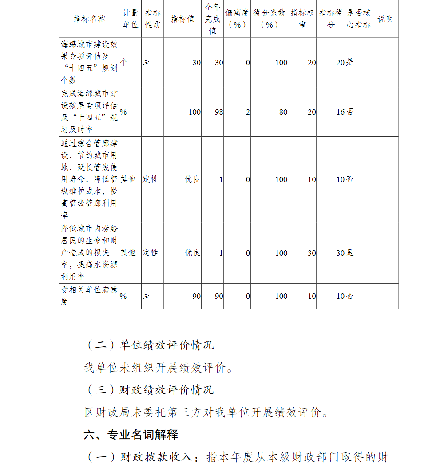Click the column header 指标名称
click(x=89, y=19)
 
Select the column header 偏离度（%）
click(x=237, y=19)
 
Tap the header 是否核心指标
click(x=358, y=19)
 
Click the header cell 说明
click(x=385, y=19)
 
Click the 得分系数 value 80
click(x=283, y=112)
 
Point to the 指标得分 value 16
click(x=340, y=112)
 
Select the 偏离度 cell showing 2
click(x=248, y=112)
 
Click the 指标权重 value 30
click(x=312, y=253)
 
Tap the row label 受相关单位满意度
click(x=89, y=296)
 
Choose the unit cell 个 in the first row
click(x=124, y=63)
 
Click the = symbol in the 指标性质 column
click(x=147, y=112)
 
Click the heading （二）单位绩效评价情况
click(x=149, y=345)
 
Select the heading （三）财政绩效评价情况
click(x=149, y=389)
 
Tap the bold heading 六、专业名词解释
click(x=131, y=435)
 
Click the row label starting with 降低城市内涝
click(x=89, y=252)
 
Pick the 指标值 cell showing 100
click(x=194, y=112)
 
